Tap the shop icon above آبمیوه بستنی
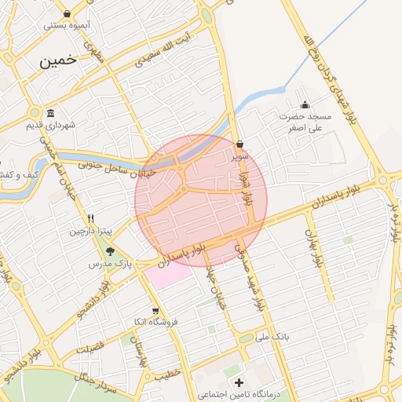click(68, 13)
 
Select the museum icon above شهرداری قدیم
click(50, 113)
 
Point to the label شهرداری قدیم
click(50, 125)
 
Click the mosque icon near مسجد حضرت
click(305, 105)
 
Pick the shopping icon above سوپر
click(239, 144)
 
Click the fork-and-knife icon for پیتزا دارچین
click(91, 218)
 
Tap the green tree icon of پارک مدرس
click(110, 251)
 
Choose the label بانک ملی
click(275, 335)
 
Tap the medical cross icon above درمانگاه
click(239, 382)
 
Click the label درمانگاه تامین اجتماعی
click(234, 393)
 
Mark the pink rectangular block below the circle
click(170, 276)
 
